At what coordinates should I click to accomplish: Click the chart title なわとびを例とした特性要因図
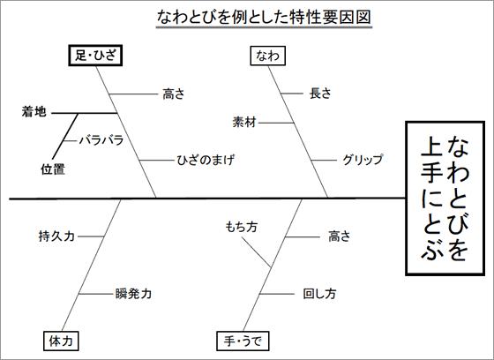click(264, 18)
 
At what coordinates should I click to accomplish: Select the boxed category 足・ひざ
click(95, 56)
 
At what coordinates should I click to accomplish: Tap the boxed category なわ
click(268, 56)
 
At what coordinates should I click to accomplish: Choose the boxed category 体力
click(61, 341)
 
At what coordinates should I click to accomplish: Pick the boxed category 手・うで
click(243, 341)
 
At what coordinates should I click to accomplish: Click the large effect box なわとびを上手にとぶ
click(445, 199)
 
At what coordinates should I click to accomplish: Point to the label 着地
click(34, 111)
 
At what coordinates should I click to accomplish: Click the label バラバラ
click(101, 140)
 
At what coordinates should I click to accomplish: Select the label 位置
click(53, 169)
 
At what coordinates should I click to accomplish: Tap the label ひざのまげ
click(206, 160)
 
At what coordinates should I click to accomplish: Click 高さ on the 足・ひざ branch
click(173, 94)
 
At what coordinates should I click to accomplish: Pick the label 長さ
click(320, 94)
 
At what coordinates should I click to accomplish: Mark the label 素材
click(244, 123)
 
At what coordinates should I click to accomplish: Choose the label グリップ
click(363, 160)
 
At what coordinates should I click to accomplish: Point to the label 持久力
click(56, 236)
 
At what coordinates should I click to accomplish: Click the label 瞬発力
click(133, 294)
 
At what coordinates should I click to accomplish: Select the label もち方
click(242, 227)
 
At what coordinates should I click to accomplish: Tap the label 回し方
click(319, 294)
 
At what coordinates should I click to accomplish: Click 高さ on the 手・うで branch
click(340, 236)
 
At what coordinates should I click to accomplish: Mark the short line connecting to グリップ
click(324, 160)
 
